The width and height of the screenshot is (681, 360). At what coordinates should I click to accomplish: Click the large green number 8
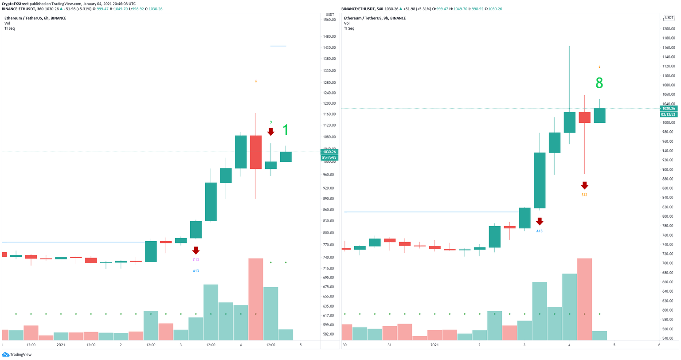(x=599, y=83)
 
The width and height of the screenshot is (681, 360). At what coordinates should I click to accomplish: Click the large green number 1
(x=286, y=130)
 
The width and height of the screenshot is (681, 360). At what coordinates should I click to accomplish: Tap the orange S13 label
(x=584, y=195)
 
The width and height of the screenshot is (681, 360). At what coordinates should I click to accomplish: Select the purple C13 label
(x=196, y=260)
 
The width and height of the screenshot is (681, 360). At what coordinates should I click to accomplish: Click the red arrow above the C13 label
(x=196, y=250)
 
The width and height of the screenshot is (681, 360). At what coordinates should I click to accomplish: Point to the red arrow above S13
(x=584, y=185)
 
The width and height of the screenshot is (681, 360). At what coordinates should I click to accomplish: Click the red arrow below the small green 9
(x=270, y=132)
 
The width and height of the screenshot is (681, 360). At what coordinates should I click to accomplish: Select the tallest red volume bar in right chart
(x=584, y=299)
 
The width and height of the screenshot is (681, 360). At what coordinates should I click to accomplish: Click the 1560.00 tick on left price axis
(x=329, y=20)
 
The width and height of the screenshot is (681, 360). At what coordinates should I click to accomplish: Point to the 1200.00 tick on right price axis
(x=668, y=29)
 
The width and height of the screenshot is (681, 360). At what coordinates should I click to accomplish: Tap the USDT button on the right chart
(x=668, y=18)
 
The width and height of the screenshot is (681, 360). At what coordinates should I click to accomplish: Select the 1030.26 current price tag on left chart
(x=329, y=152)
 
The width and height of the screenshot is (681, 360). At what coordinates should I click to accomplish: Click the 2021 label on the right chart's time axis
(x=434, y=345)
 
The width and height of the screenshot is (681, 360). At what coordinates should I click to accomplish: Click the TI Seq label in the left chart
(x=10, y=28)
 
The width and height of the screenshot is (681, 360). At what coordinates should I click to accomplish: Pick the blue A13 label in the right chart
(x=539, y=231)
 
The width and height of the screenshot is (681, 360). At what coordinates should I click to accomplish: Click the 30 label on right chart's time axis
(x=344, y=345)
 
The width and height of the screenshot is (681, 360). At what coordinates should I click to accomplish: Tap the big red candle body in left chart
(x=256, y=152)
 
